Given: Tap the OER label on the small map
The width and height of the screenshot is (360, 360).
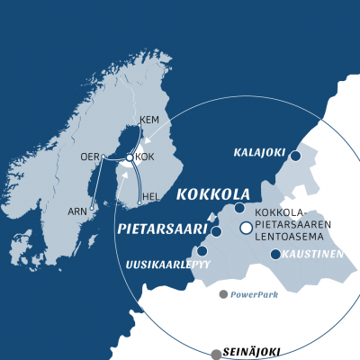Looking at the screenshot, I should tap(90, 156).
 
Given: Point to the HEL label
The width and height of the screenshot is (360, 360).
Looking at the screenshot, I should tap(151, 196).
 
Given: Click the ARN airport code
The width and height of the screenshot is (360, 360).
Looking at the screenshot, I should tap(79, 212).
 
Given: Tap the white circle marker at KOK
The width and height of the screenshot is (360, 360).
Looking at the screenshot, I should tap(130, 157).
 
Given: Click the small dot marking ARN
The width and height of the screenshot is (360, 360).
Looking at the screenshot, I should tap(93, 206).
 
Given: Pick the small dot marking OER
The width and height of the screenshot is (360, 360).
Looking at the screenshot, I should tap(103, 157).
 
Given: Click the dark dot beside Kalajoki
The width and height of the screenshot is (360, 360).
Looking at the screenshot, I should tap(294, 156).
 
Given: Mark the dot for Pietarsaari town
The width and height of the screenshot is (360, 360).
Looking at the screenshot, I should tap(217, 231).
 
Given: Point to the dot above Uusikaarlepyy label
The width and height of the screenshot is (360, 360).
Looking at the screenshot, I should tap(202, 251).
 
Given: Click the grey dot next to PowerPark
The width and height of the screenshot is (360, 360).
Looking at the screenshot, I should tap(223, 293).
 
